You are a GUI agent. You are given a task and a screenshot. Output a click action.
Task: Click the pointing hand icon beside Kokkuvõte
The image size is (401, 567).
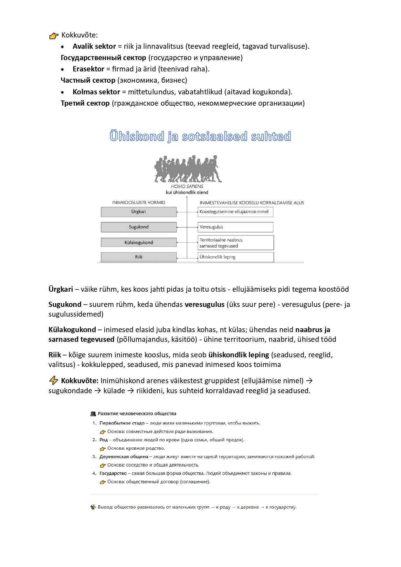click(54, 36)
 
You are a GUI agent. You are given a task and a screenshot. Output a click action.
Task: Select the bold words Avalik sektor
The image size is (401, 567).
click(94, 47)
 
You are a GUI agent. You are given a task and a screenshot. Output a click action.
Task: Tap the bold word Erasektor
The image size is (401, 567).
click(88, 69)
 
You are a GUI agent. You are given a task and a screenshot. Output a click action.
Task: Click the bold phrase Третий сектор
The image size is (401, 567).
click(85, 103)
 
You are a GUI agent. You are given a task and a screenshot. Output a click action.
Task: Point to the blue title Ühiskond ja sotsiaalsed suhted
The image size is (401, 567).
click(200, 136)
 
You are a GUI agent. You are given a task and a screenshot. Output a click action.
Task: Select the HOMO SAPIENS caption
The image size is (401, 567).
click(187, 186)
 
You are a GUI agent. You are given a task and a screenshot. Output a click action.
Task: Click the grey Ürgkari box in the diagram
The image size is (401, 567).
click(139, 212)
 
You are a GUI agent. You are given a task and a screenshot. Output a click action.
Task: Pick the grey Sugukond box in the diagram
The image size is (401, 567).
click(139, 227)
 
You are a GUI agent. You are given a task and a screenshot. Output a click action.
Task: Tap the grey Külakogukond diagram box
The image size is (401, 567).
click(139, 243)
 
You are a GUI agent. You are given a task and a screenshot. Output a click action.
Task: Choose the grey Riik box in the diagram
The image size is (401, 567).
click(139, 257)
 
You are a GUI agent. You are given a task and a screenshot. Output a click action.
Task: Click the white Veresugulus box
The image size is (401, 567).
click(235, 227)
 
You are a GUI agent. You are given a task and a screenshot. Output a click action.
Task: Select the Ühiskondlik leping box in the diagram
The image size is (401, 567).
click(236, 257)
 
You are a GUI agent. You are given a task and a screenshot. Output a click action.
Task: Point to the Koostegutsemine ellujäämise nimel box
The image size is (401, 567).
click(235, 212)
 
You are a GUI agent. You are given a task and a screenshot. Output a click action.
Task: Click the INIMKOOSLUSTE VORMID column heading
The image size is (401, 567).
click(139, 203)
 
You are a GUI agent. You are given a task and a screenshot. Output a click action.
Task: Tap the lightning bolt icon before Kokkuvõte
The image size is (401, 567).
click(54, 381)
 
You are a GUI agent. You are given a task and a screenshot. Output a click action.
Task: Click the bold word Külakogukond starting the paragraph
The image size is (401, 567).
click(72, 330)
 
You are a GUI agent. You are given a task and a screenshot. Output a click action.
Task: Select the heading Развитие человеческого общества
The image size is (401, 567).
click(137, 414)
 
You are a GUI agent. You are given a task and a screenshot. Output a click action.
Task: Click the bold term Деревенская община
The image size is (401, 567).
click(123, 457)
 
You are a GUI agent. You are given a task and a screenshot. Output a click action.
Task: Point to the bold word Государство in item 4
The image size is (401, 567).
click(113, 474)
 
